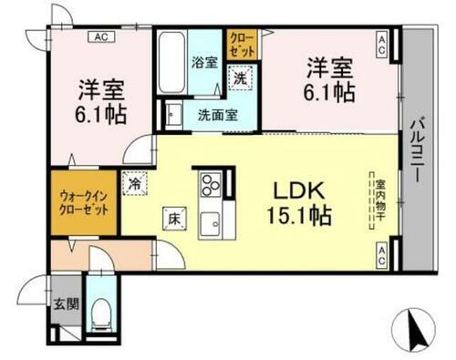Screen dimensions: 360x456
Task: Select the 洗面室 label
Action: (x=218, y=116)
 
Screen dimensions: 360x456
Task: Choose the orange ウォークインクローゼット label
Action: (x=85, y=201)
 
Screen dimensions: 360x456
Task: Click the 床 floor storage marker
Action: (x=172, y=219)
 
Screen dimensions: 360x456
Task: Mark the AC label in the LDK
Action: (x=383, y=249)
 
